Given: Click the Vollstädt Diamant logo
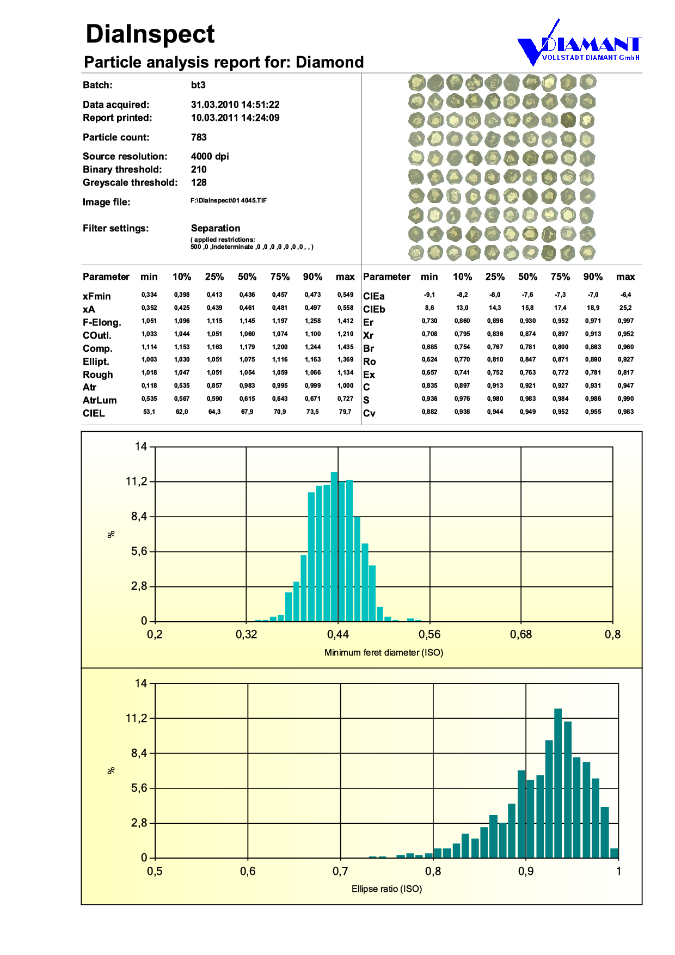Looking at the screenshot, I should tap(579, 46).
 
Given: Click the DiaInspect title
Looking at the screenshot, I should tap(150, 34).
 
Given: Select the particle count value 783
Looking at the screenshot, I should tap(199, 137).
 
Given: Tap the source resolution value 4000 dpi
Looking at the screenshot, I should tap(210, 156).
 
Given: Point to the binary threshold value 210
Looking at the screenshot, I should tap(199, 169).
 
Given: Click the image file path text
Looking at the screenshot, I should tap(228, 200).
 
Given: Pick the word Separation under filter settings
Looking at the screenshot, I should tap(215, 228).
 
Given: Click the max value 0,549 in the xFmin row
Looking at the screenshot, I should tap(345, 295).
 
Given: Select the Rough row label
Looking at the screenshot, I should tap(98, 375).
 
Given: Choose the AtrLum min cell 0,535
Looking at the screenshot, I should tap(149, 399).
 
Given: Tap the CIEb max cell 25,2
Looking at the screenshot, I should tap(625, 308).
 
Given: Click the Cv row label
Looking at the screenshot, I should tap(369, 413).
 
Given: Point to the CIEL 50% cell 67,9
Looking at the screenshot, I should tap(247, 412).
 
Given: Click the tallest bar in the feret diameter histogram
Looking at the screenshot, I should tap(334, 547).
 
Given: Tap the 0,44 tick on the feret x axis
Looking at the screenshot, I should tap(338, 634).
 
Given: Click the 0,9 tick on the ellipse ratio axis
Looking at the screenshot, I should tap(526, 871).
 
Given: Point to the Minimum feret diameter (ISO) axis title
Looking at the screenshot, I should tap(384, 652).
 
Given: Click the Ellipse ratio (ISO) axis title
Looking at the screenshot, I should tap(386, 889).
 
